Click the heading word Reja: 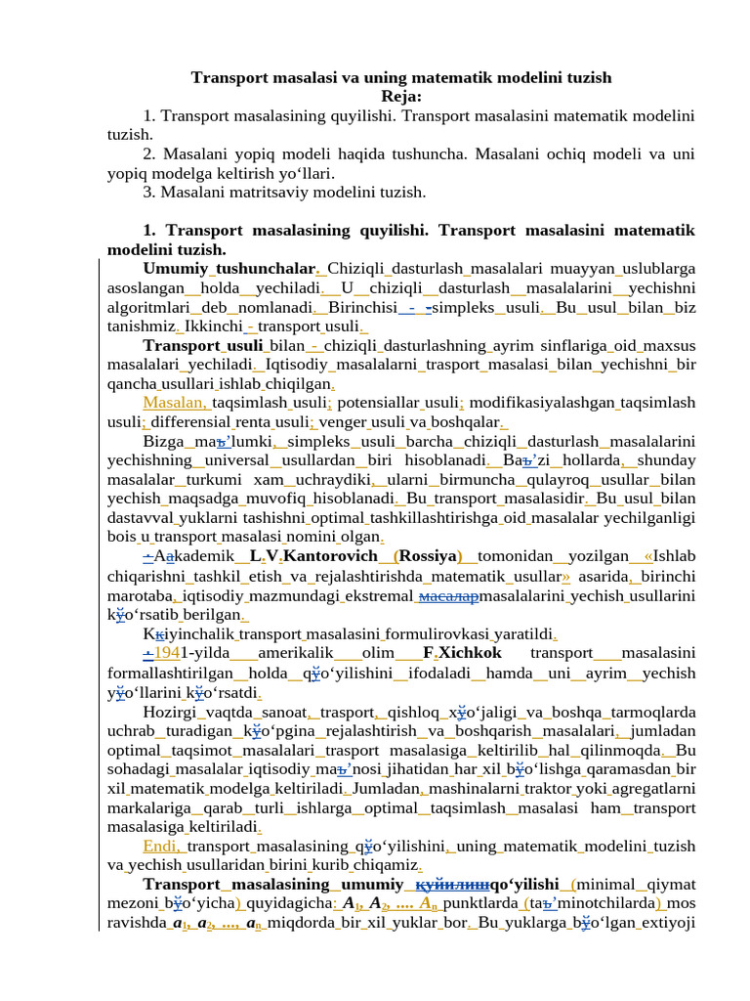(401, 96)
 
